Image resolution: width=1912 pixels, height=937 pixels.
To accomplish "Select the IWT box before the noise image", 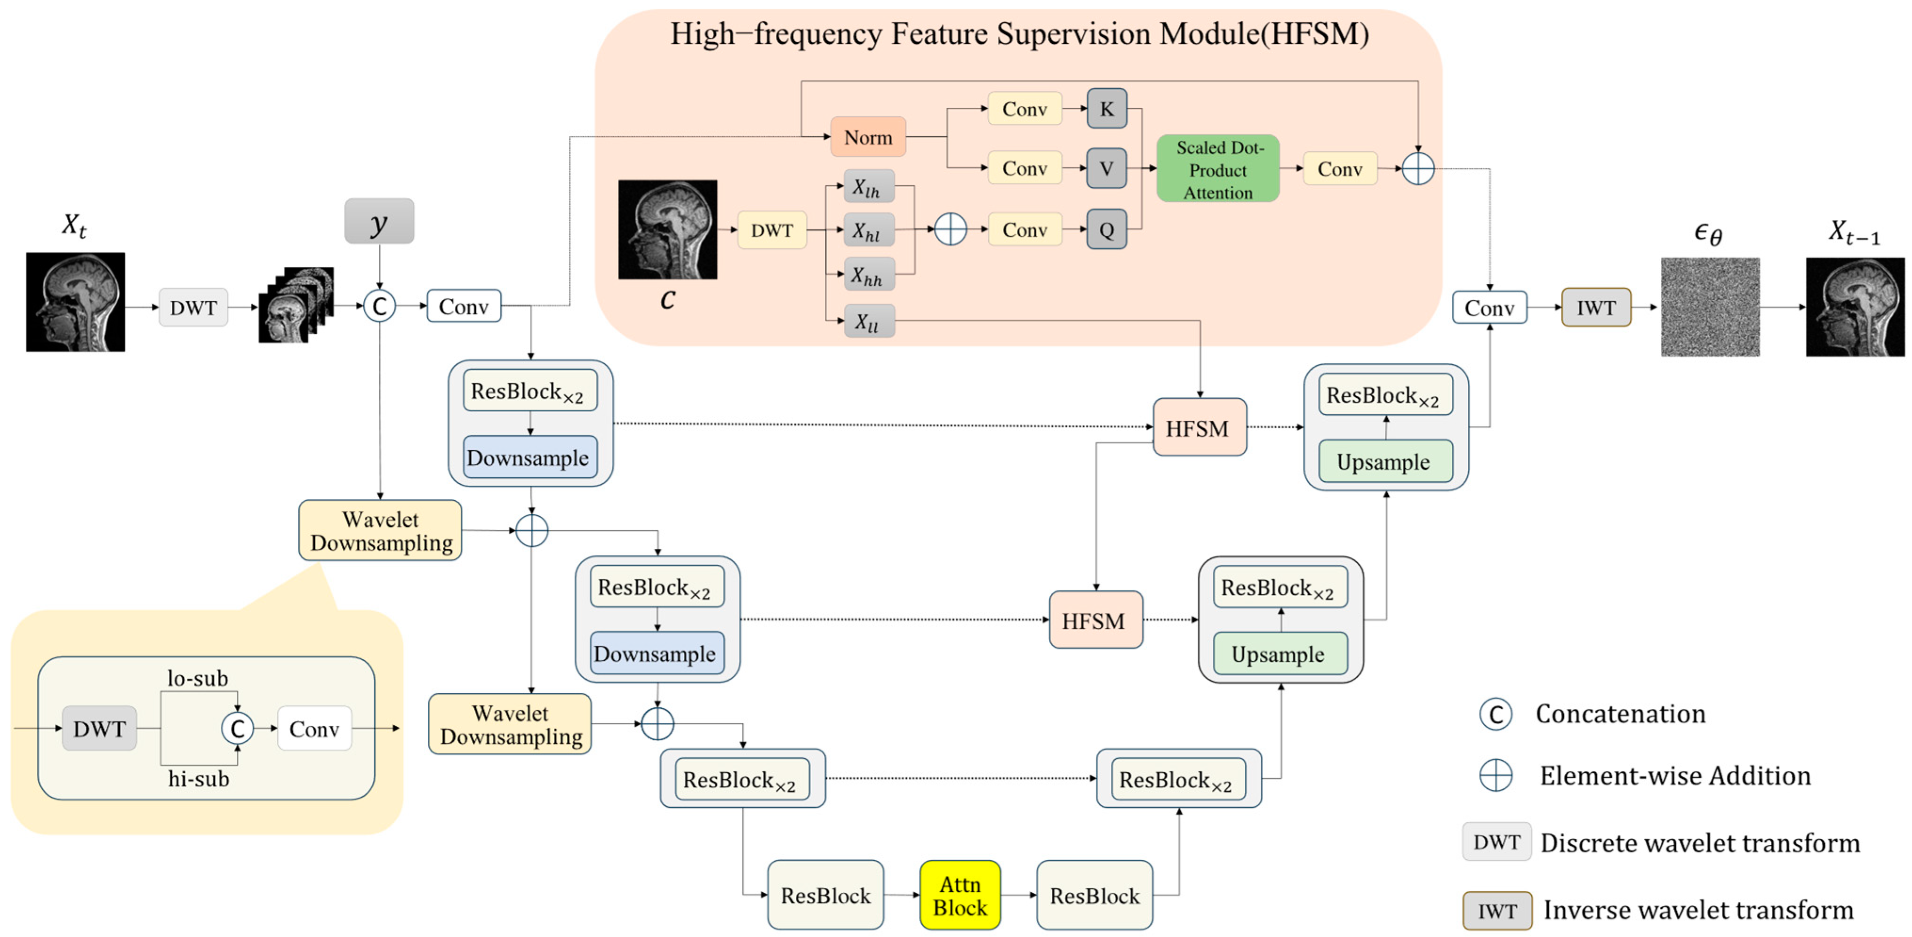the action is pyautogui.click(x=1596, y=307).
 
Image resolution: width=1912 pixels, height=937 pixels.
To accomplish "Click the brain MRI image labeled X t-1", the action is pyautogui.click(x=1855, y=307).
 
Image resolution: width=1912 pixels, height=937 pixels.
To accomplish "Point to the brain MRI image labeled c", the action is pyautogui.click(x=667, y=229).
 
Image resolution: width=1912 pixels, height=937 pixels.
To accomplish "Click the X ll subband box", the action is pyautogui.click(x=868, y=321).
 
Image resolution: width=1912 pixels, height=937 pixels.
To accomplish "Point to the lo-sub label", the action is pyautogui.click(x=198, y=678).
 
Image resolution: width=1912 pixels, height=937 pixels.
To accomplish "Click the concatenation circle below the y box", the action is pyautogui.click(x=379, y=306).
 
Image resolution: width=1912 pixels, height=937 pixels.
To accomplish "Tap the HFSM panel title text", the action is pyautogui.click(x=1020, y=34).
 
